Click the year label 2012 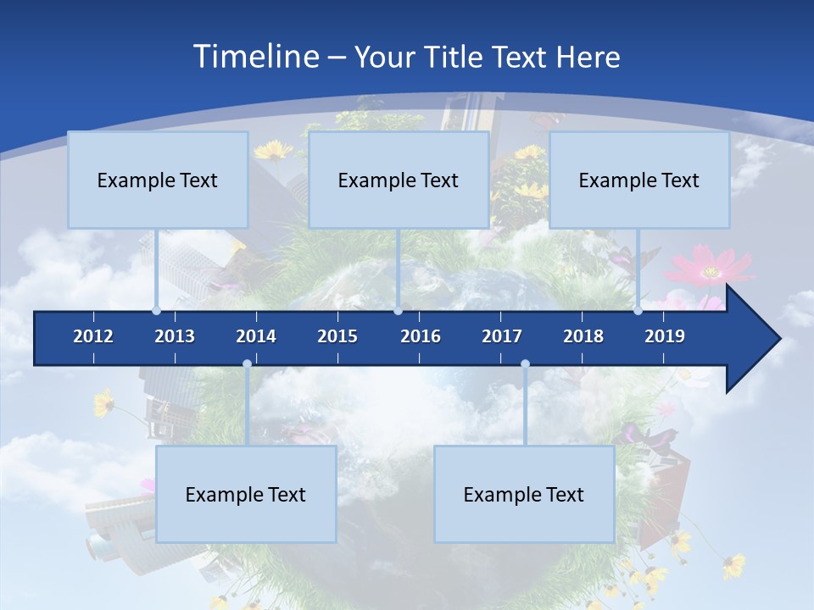point(93,336)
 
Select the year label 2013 point(175,336)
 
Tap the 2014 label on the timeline point(256,336)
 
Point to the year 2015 point(337,336)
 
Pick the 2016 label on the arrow point(421,336)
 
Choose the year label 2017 point(502,336)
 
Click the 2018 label point(583,336)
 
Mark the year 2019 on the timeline point(665,336)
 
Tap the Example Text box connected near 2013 point(158,180)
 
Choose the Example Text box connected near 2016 point(399,180)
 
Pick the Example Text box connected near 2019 point(639,180)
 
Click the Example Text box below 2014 point(246,494)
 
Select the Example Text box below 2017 point(524,494)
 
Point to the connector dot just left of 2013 point(156,311)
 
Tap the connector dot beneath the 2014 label point(247,364)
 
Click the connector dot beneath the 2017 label point(525,364)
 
